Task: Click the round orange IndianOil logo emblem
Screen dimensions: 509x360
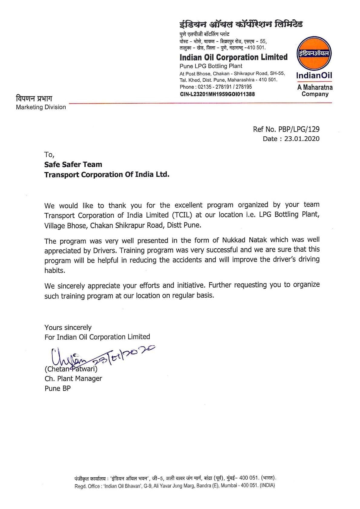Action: [314, 54]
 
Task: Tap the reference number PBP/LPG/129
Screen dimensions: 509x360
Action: [299, 129]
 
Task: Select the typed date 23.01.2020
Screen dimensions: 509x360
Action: [302, 139]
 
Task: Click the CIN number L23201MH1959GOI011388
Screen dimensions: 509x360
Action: [217, 94]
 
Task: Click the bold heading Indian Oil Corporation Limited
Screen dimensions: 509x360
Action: [233, 57]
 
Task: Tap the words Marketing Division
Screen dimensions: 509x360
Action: [41, 107]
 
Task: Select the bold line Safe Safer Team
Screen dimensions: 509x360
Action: [73, 165]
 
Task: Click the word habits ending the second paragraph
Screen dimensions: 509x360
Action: [55, 270]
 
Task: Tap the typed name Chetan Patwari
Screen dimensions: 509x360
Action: [71, 369]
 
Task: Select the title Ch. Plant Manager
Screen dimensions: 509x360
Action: [73, 379]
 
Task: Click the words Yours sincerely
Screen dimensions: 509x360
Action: [68, 328]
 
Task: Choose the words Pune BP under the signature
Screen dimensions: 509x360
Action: [57, 388]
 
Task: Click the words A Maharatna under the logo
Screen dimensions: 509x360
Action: [315, 87]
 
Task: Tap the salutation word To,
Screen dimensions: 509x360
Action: [49, 155]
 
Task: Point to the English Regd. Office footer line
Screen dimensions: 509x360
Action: [175, 486]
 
